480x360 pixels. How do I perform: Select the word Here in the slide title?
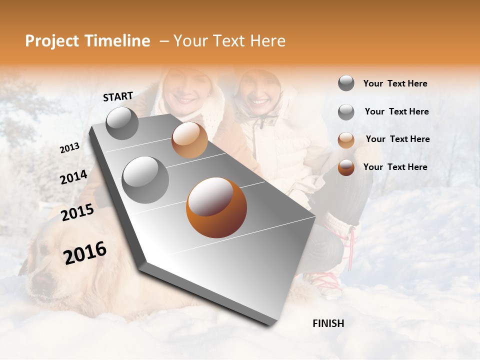point(267,41)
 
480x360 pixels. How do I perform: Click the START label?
point(118,96)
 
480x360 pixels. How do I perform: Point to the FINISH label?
point(328,323)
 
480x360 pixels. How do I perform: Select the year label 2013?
point(69,148)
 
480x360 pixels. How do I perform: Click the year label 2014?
point(73,177)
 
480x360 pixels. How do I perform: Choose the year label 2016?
point(85,253)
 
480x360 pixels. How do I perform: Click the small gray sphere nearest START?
point(122,123)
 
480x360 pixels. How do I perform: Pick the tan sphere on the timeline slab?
point(189,139)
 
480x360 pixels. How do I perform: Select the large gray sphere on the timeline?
point(145,179)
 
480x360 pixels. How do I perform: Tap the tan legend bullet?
point(346,140)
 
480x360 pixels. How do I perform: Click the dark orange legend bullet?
point(346,168)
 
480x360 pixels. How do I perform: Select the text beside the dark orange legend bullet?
point(395,167)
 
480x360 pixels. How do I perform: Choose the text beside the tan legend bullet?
point(397,139)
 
